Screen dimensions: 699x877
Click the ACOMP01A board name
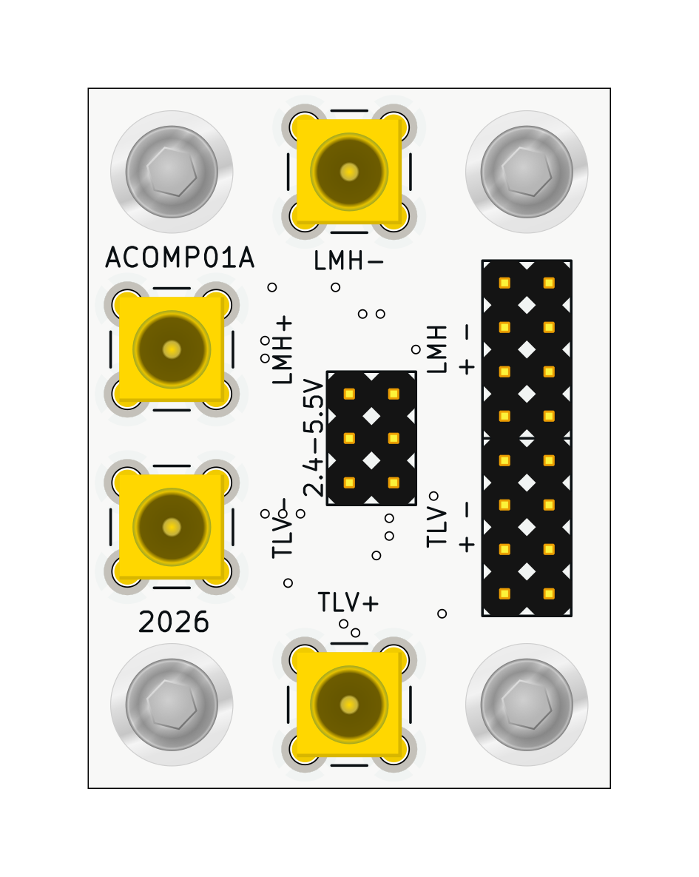tap(180, 258)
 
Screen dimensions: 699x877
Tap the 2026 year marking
tap(173, 622)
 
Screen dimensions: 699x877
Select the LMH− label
tap(348, 261)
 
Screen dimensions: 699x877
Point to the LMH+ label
tap(283, 349)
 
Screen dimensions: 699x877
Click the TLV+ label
tap(348, 602)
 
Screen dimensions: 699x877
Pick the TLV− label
tap(283, 528)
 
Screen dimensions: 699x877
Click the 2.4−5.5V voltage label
tap(314, 438)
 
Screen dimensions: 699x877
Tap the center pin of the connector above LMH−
tap(349, 172)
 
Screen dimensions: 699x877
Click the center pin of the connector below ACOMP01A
tap(172, 349)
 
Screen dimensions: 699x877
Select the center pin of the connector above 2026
tap(172, 527)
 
